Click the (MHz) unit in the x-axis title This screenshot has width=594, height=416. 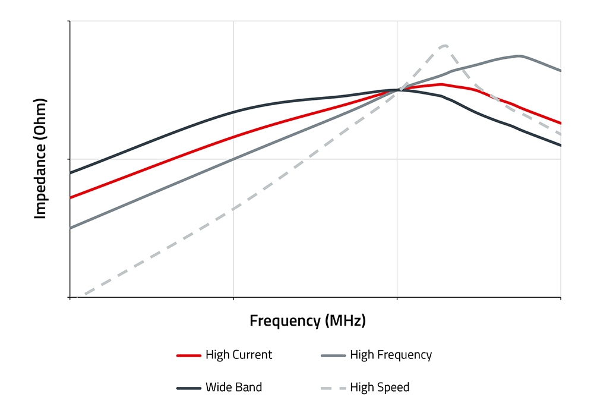346,321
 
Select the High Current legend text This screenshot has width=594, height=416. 239,355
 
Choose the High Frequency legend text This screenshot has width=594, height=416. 391,355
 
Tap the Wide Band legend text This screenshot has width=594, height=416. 233,387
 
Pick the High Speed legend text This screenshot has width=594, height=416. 380,387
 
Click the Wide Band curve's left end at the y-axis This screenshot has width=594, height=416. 71,173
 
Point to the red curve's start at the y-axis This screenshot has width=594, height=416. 71,197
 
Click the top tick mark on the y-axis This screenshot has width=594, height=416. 68,21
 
